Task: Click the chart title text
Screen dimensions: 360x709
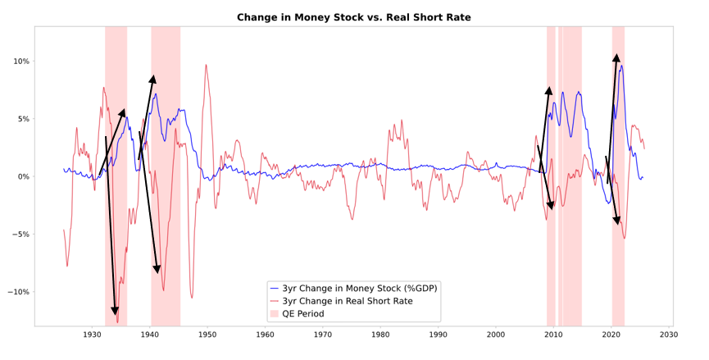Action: [354, 17]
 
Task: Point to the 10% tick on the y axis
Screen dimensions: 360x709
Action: [20, 62]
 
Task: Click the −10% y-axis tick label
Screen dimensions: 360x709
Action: [17, 292]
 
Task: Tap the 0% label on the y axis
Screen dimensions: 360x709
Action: [22, 176]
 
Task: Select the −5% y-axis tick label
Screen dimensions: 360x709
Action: [20, 235]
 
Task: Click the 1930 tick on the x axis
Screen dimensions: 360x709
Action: [92, 335]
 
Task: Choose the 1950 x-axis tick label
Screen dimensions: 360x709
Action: [207, 335]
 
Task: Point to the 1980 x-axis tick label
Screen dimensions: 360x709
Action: [380, 335]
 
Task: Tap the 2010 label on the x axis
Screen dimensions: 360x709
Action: [553, 335]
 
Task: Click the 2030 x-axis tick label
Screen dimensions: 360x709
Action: [668, 335]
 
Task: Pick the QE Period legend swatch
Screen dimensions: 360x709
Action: [274, 314]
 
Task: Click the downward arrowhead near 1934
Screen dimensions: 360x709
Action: [115, 312]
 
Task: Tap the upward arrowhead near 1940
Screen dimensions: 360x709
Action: [153, 78]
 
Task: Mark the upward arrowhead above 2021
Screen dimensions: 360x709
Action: [616, 57]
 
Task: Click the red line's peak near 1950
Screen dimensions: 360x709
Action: [207, 65]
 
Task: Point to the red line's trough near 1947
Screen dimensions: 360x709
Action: [192, 298]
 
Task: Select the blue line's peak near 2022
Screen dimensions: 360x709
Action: [621, 66]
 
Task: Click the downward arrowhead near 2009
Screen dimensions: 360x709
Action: [552, 207]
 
